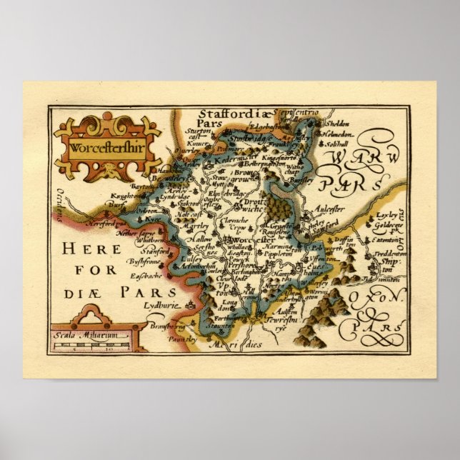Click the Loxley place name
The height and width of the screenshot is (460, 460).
pyautogui.click(x=383, y=214)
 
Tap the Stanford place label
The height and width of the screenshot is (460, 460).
pyautogui.click(x=157, y=252)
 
